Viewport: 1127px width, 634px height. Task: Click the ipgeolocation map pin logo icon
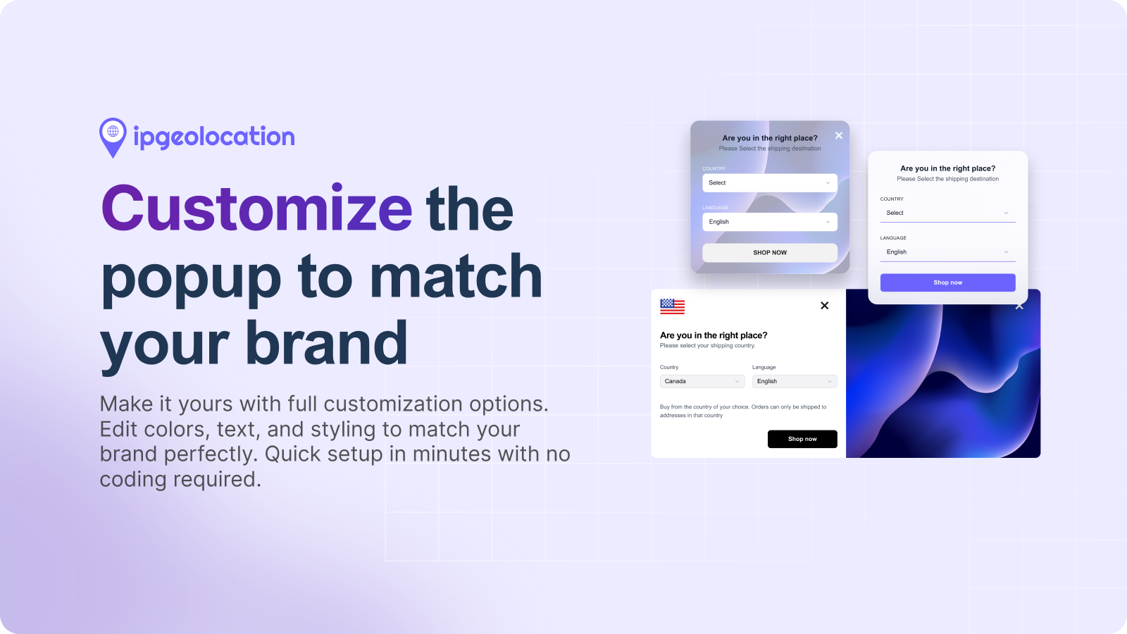[113, 136]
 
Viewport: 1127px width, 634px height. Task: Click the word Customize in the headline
[256, 209]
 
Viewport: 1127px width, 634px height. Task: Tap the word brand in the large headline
[326, 344]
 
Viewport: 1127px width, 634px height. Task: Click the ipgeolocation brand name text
[214, 137]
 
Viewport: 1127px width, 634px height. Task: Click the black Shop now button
[802, 439]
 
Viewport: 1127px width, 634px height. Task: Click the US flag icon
[672, 306]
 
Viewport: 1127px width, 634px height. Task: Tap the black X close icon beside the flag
[825, 306]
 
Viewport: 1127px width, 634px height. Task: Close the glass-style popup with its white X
[838, 135]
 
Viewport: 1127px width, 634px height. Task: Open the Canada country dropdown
[702, 381]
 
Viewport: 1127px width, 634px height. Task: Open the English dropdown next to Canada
[795, 381]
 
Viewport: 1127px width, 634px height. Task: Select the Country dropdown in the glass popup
[770, 182]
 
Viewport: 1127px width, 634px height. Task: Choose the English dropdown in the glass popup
[770, 222]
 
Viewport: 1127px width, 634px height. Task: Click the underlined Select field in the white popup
[947, 213]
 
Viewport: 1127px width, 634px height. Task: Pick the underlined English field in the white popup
[947, 252]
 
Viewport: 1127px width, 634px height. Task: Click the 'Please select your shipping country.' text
[707, 346]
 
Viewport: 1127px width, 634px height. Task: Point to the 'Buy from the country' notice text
[742, 411]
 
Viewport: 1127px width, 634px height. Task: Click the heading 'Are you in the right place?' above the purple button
[947, 168]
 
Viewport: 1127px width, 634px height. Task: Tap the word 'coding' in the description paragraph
[134, 480]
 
